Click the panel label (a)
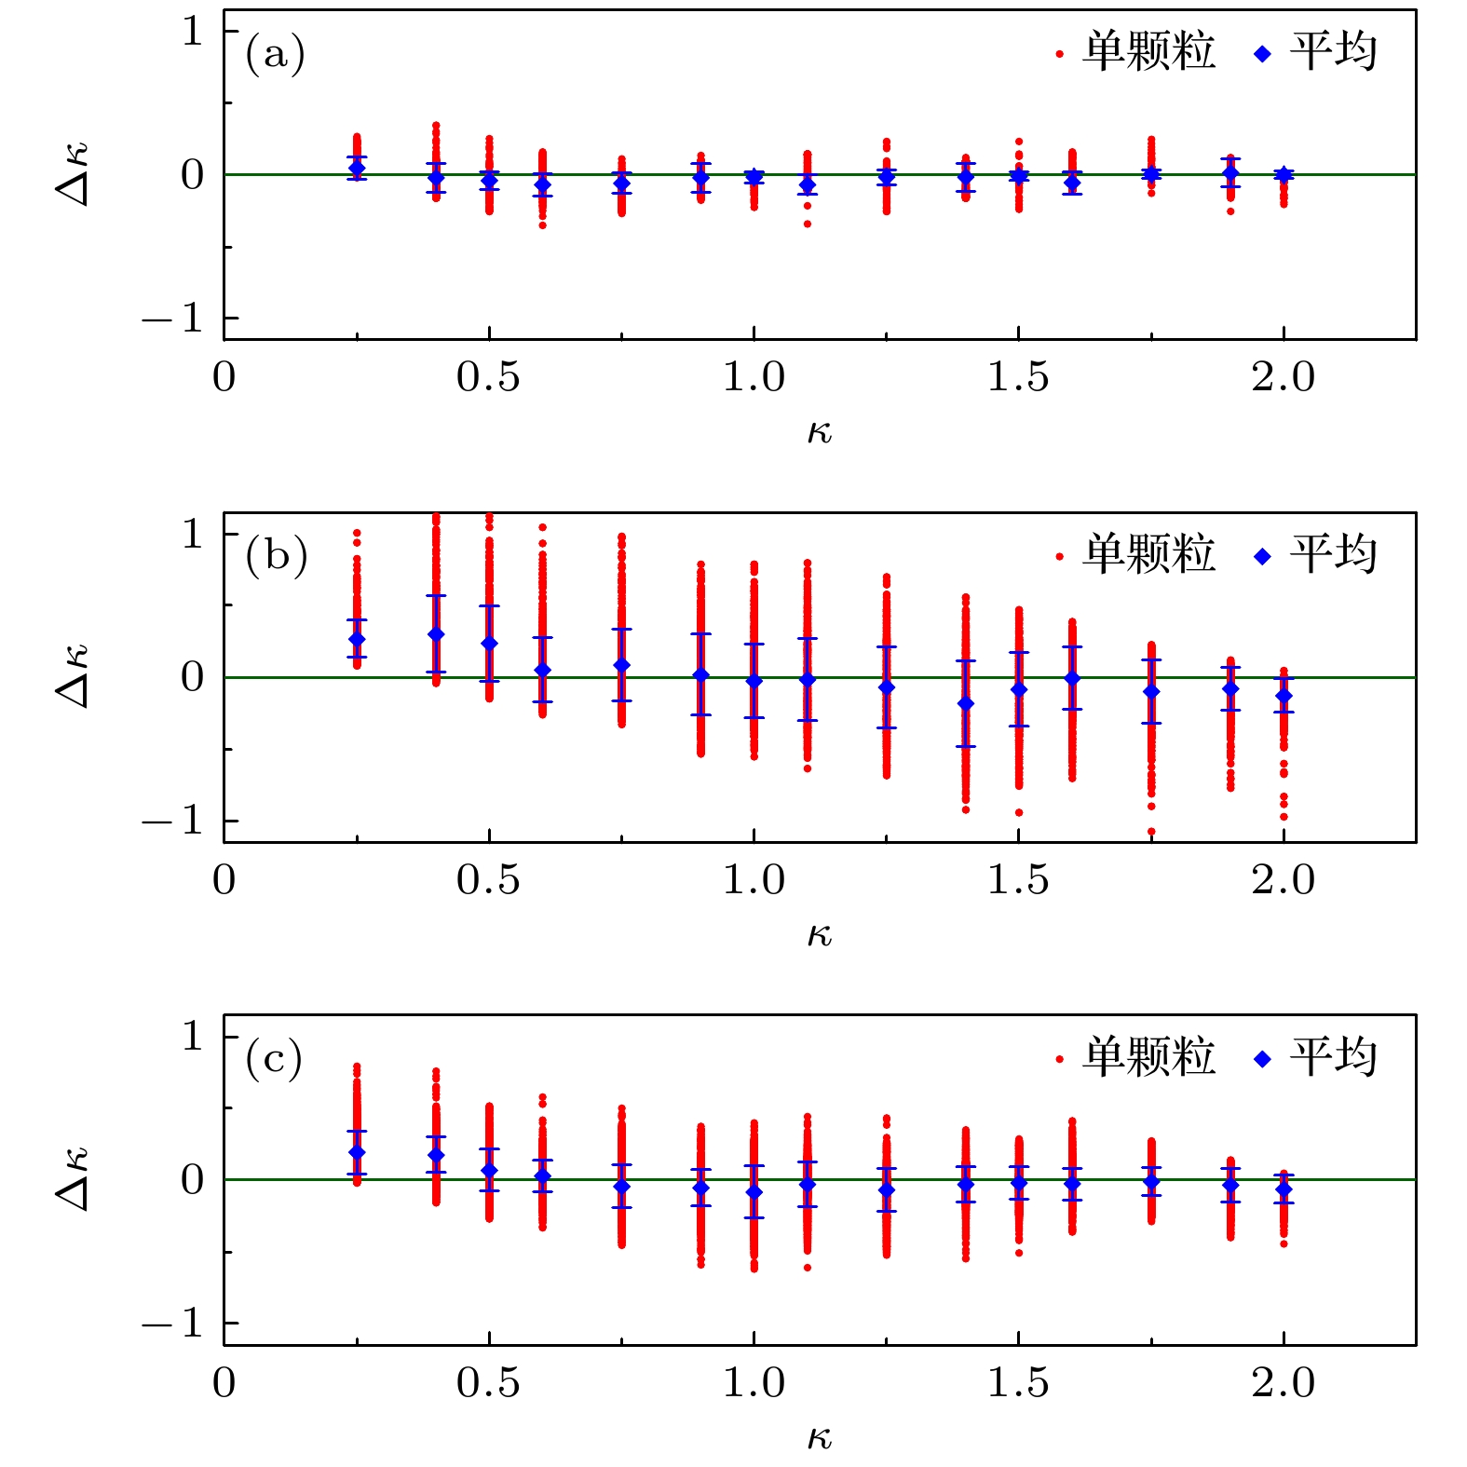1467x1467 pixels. click(x=275, y=53)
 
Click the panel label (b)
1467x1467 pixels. click(x=276, y=555)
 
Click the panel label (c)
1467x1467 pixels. click(x=274, y=1058)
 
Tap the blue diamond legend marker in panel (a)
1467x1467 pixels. click(x=1263, y=54)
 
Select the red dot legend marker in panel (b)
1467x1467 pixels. click(x=1059, y=557)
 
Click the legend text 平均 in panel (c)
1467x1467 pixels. click(x=1333, y=1057)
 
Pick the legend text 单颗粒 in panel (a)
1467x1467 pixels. click(x=1148, y=52)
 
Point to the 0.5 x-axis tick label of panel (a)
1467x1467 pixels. click(x=488, y=377)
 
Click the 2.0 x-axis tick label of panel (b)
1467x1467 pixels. click(x=1283, y=880)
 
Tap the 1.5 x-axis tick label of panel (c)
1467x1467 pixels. click(x=1018, y=1383)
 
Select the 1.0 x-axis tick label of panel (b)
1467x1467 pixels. click(x=754, y=880)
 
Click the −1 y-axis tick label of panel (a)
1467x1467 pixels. click(x=173, y=319)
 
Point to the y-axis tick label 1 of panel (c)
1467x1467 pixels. click(x=192, y=1036)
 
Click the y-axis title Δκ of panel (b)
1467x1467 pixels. click(x=73, y=676)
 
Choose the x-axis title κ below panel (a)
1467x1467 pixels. click(x=819, y=431)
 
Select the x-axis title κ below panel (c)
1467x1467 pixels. click(x=819, y=1437)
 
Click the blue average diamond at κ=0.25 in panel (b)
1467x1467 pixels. click(x=357, y=639)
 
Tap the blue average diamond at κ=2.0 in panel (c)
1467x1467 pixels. click(x=1284, y=1189)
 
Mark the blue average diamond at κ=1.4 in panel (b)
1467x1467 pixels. click(x=966, y=703)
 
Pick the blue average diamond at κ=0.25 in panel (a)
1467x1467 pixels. click(x=357, y=168)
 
